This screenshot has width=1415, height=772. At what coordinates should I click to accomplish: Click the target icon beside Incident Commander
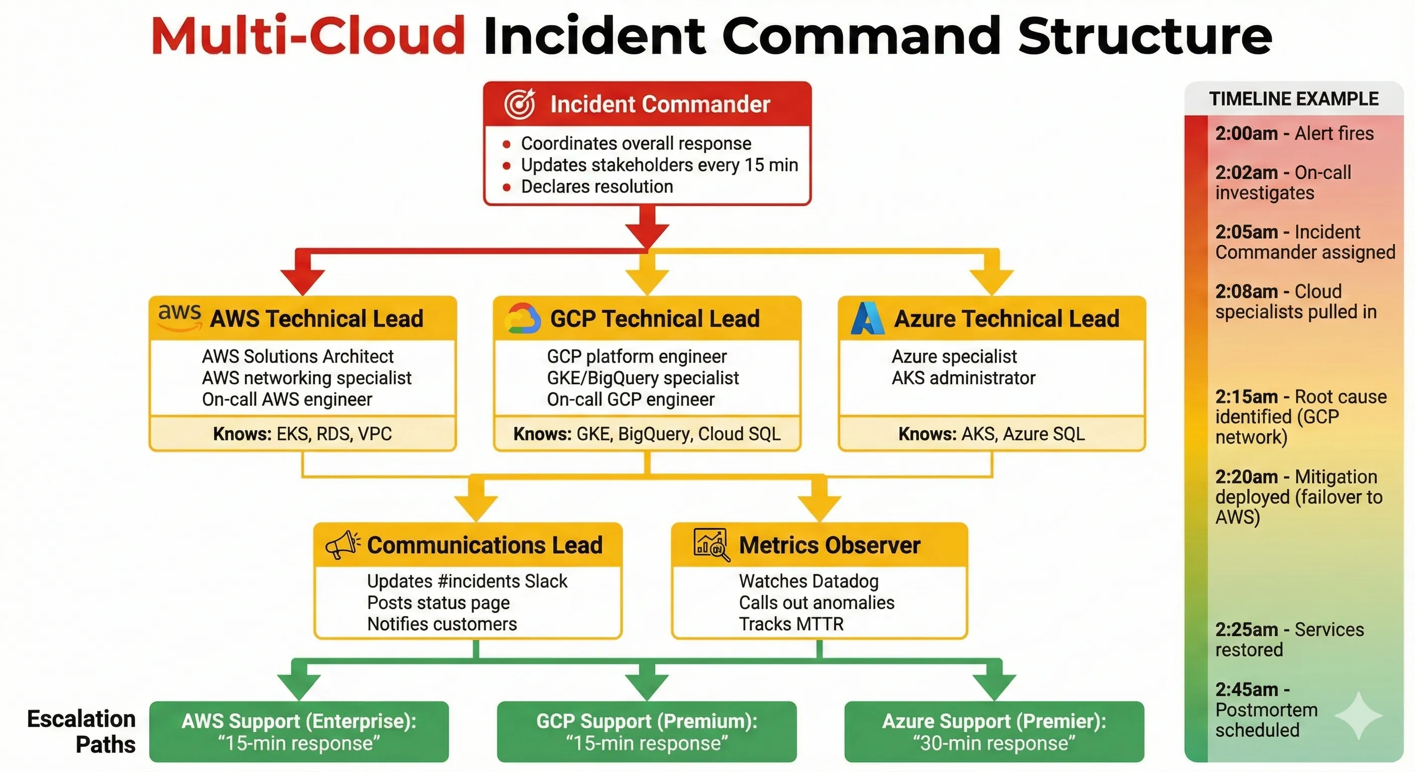(x=519, y=104)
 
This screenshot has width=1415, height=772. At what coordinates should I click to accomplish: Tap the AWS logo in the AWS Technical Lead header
(x=179, y=318)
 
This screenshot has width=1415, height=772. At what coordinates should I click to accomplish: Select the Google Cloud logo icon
(x=523, y=318)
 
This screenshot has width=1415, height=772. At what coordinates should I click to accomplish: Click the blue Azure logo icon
(x=867, y=318)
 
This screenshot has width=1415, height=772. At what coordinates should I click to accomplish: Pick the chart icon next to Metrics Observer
(x=712, y=544)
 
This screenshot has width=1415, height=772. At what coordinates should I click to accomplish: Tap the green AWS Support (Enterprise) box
(x=299, y=731)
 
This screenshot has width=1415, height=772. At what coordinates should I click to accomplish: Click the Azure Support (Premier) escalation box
(x=994, y=731)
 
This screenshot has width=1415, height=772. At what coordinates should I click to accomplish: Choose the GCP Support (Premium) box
(x=647, y=731)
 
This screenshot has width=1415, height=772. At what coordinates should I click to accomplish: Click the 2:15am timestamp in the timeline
(x=1246, y=397)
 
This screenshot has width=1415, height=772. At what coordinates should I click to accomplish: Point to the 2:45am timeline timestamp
(x=1246, y=690)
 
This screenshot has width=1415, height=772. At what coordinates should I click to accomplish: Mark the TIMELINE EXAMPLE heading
(x=1293, y=99)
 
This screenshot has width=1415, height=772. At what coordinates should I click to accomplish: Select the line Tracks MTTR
(x=790, y=624)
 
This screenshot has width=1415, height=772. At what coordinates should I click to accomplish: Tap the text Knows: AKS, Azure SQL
(x=991, y=434)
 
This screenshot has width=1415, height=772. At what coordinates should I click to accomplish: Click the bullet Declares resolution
(x=596, y=187)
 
